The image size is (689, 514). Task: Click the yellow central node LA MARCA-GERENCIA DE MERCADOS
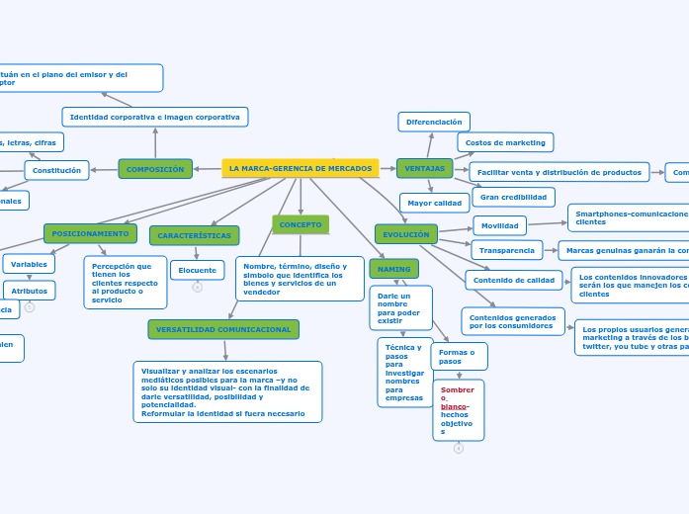[x=301, y=168]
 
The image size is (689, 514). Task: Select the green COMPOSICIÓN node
[x=155, y=169]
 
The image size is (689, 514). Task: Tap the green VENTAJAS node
[x=424, y=168]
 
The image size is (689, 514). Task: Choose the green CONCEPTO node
[x=301, y=224]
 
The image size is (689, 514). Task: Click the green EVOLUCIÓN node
[x=405, y=234]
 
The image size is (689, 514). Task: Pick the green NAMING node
[x=394, y=269]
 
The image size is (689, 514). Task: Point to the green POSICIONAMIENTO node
[x=90, y=233]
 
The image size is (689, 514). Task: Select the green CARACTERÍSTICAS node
[x=194, y=235]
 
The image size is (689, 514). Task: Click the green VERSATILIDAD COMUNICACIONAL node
[x=223, y=329]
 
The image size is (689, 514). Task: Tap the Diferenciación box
[x=434, y=122]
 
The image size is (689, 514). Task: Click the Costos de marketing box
[x=505, y=142]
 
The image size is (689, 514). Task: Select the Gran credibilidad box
[x=513, y=197]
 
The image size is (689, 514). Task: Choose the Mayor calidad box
[x=434, y=203]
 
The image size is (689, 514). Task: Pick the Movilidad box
[x=499, y=225]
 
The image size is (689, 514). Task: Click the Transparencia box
[x=506, y=250]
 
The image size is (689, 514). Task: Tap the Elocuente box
[x=197, y=270]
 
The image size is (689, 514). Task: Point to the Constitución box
[x=56, y=170]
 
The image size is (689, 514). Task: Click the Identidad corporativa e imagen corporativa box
[x=154, y=117]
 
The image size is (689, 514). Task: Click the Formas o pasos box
[x=459, y=356]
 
